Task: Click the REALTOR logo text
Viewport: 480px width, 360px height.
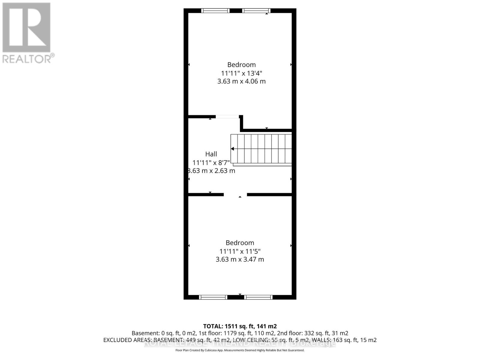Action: point(28,58)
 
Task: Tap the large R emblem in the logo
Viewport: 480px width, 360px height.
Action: point(26,28)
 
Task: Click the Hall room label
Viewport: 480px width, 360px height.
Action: point(211,154)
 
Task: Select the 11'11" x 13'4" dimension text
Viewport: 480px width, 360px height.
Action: point(241,73)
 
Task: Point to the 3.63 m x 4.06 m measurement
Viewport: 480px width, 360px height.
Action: point(241,81)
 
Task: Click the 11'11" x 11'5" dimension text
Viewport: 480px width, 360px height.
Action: point(240,251)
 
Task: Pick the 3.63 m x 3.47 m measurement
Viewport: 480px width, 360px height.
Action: point(240,259)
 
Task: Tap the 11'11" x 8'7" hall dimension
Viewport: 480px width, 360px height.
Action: point(211,163)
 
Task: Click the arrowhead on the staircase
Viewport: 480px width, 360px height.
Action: point(232,149)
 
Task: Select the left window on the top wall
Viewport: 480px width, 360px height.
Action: point(215,11)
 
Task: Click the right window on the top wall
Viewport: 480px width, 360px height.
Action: point(256,11)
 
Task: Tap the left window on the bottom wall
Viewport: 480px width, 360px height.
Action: point(213,297)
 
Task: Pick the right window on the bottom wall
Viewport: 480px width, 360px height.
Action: point(258,297)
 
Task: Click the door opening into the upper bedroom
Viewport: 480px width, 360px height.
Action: point(227,116)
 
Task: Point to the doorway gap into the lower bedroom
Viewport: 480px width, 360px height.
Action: point(235,195)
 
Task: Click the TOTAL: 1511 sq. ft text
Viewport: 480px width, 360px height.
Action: point(240,326)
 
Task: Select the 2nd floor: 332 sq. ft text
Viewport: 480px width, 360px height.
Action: point(326,333)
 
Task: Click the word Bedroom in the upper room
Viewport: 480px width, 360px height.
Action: point(241,65)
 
